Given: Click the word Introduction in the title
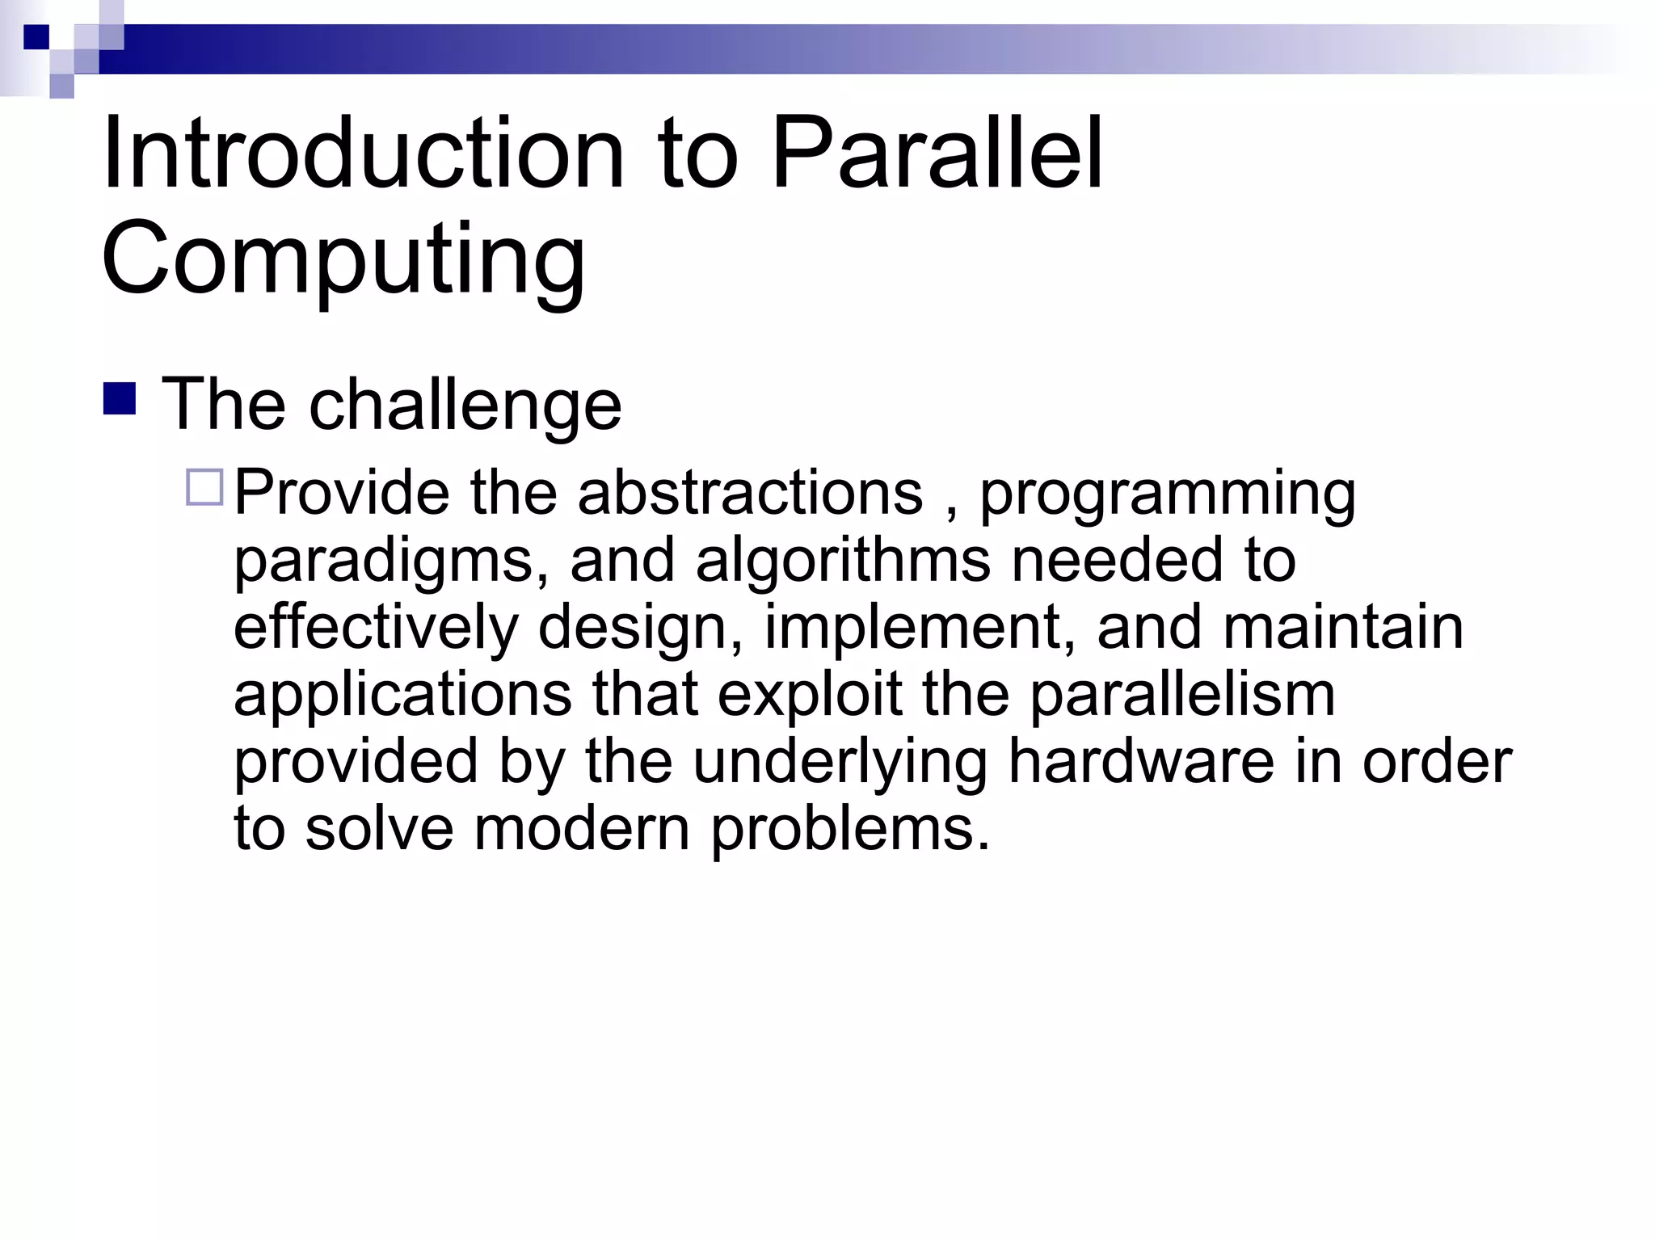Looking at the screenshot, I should click(363, 154).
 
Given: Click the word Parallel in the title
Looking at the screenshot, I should click(937, 154).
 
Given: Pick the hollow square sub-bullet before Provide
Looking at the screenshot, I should click(204, 487).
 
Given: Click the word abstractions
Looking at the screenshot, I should click(750, 493).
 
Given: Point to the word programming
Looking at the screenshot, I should click(1168, 494).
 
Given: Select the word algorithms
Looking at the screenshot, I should click(843, 561).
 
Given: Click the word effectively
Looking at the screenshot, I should click(376, 628).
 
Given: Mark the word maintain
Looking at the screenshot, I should click(1343, 628).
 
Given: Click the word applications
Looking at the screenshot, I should click(402, 696).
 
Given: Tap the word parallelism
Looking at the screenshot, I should click(1181, 696).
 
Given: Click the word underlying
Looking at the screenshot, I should click(840, 764).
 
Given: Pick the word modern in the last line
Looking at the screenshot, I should click(581, 829).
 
